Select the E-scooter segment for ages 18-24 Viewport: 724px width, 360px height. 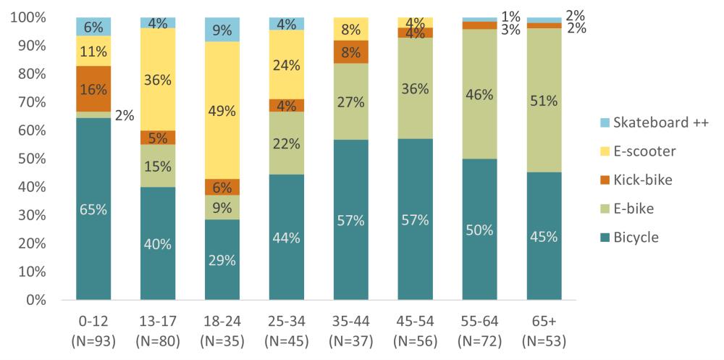click(222, 110)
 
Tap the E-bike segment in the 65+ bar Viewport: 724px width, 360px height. click(544, 100)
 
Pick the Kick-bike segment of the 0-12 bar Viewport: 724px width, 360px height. click(93, 89)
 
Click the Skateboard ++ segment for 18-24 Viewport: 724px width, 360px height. click(222, 30)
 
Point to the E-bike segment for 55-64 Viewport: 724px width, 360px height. click(479, 94)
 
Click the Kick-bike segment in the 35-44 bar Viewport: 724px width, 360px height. click(350, 52)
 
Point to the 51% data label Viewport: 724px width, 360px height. click(544, 101)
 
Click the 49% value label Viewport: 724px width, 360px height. click(222, 111)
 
